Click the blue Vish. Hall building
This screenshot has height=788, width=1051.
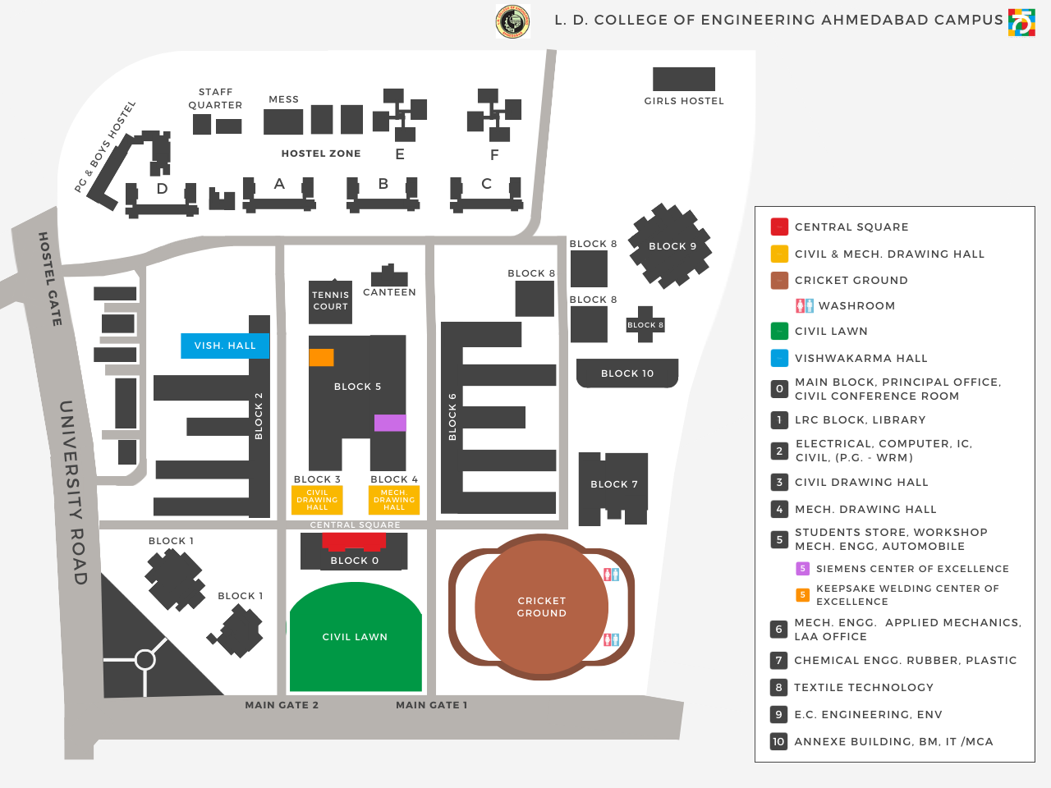225,346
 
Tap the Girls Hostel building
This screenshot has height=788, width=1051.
683,80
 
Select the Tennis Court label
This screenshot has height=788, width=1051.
330,300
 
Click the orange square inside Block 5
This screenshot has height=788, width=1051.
321,357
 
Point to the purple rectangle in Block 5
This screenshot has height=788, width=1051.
390,423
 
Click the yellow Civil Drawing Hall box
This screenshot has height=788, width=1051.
317,500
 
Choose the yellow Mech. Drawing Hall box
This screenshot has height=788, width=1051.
394,500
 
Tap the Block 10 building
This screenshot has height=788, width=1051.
626,373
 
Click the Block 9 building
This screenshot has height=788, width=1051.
671,245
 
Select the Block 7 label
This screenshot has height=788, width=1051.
614,484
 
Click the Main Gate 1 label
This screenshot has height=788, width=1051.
431,705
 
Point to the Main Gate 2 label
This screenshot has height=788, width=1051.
282,705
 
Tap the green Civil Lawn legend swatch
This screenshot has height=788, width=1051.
779,332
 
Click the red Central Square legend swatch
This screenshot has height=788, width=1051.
779,227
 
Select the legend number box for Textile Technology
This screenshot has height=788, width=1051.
778,687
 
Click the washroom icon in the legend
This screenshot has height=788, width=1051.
805,305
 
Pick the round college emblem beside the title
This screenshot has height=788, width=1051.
512,21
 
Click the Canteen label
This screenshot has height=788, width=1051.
389,292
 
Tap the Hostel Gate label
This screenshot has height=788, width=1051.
50,279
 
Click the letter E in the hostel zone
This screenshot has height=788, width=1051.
400,154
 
